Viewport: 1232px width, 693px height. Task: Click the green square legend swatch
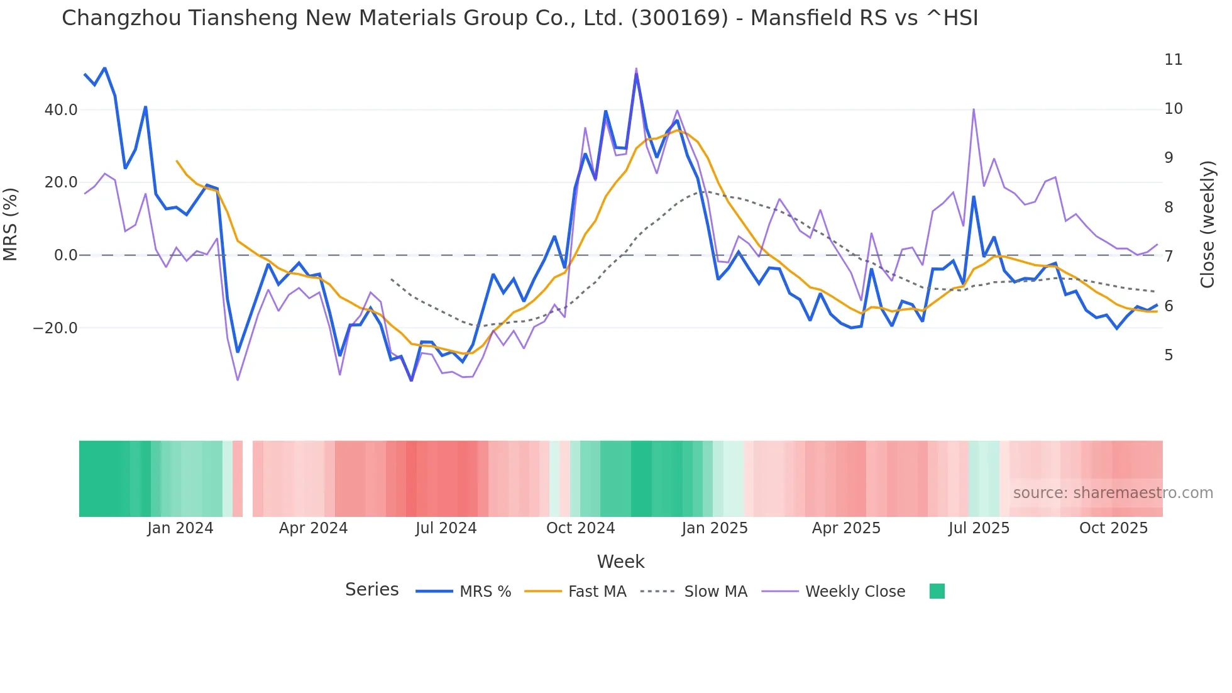tap(937, 591)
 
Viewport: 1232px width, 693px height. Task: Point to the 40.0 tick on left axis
tap(61, 110)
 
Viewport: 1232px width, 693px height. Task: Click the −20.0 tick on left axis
tap(55, 328)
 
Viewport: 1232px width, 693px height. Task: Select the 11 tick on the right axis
tap(1173, 60)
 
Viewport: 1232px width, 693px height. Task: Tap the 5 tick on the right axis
tap(1169, 355)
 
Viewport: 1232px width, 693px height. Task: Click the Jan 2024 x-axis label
tap(180, 528)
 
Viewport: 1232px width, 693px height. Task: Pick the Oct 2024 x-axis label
tap(580, 528)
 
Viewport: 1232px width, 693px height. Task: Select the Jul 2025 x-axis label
tap(979, 528)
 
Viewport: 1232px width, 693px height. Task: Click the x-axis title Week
tap(620, 562)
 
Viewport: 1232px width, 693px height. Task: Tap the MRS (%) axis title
tap(11, 224)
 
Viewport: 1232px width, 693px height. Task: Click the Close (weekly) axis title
tap(1207, 224)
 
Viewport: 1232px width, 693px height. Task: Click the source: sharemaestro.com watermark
tap(1113, 493)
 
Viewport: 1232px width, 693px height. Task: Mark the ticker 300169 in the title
tap(679, 18)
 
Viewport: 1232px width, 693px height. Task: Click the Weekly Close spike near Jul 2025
tap(974, 110)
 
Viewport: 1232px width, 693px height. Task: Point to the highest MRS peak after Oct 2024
tap(636, 74)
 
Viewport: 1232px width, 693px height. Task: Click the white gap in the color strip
tap(248, 479)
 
